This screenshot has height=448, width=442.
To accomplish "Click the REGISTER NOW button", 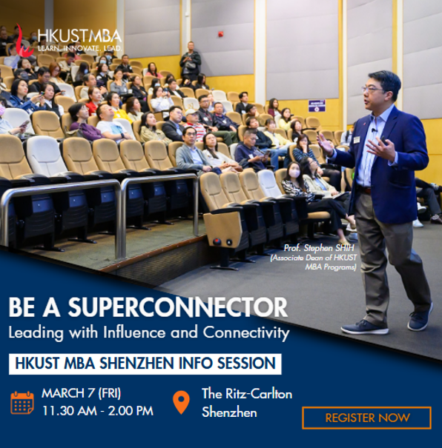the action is click(x=366, y=418).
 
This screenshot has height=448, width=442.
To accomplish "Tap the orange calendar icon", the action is click(x=22, y=403).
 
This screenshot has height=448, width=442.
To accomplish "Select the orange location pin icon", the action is click(x=182, y=402).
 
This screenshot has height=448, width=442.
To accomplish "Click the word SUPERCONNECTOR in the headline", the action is click(x=177, y=307).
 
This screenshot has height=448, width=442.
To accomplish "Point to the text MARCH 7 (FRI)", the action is click(x=82, y=393).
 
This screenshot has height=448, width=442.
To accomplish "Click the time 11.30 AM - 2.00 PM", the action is click(x=98, y=411).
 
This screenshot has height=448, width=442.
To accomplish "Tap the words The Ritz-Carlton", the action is click(x=247, y=394).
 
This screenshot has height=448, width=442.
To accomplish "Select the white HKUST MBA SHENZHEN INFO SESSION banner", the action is click(x=145, y=364).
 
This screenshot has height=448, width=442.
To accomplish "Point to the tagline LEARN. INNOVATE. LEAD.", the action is click(x=80, y=48).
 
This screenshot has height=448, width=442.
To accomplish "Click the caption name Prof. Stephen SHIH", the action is click(x=319, y=248).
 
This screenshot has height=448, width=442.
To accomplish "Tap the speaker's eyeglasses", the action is click(x=372, y=89).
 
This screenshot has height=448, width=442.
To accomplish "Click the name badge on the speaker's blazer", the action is click(x=356, y=139).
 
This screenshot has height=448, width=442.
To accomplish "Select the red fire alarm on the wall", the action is click(x=220, y=34).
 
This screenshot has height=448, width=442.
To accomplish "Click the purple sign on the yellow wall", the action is click(x=317, y=106).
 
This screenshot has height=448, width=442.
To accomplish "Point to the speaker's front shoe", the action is click(x=365, y=327).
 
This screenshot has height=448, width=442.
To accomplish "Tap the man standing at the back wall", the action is click(x=191, y=61).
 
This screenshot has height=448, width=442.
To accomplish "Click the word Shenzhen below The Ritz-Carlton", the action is click(x=229, y=412).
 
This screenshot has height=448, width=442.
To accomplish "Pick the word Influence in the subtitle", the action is click(x=134, y=332).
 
